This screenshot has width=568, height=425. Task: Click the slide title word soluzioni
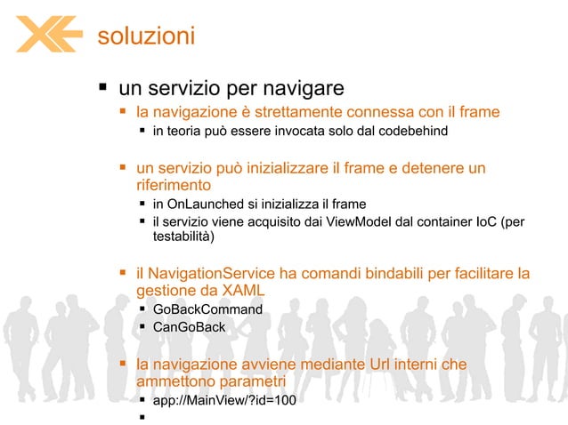pyautogui.click(x=146, y=36)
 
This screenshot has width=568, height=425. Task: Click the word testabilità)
pyautogui.click(x=184, y=237)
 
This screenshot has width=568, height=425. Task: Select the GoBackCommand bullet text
pyautogui.click(x=207, y=309)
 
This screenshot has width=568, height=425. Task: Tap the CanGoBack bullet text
pyautogui.click(x=189, y=327)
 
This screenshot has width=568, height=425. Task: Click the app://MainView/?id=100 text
pyautogui.click(x=224, y=400)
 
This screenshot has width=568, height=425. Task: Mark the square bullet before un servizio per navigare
pyautogui.click(x=102, y=88)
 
